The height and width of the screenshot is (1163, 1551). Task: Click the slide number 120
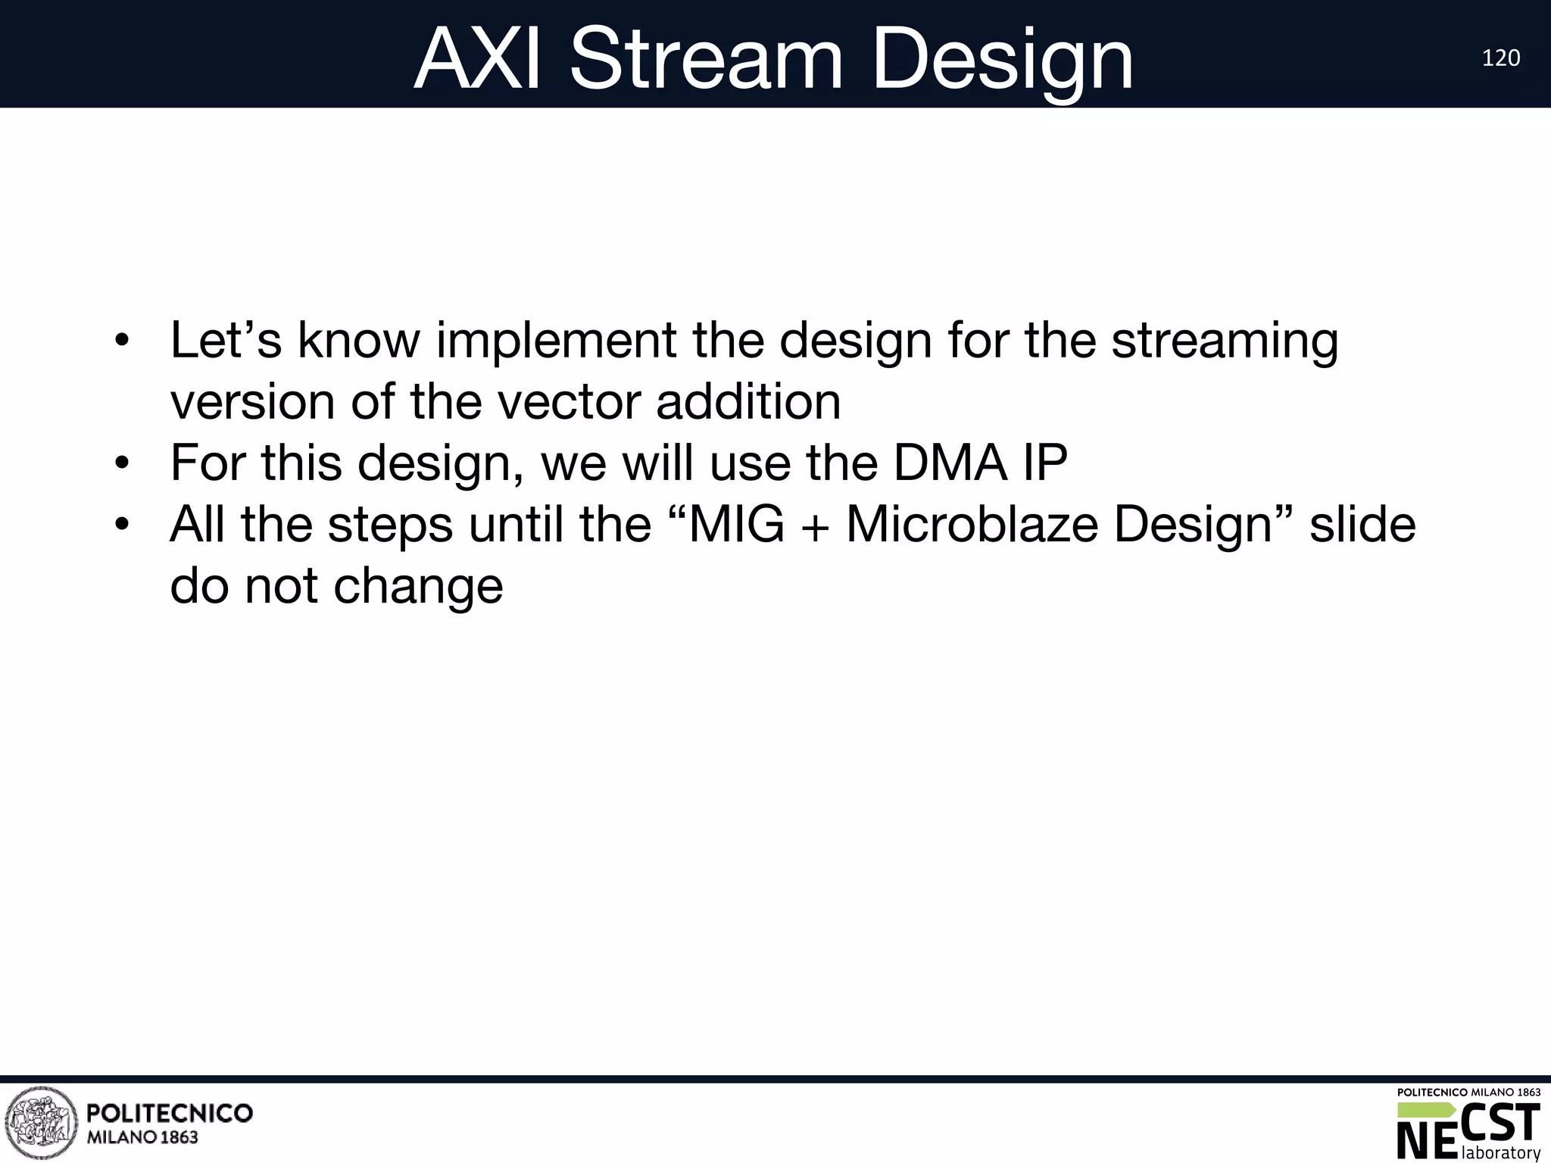1500,58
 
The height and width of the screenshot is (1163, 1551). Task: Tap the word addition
748,401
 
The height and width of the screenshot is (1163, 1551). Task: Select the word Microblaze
972,524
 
